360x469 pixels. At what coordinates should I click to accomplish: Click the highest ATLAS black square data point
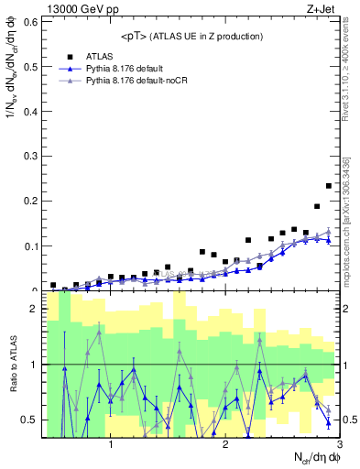click(329, 186)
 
